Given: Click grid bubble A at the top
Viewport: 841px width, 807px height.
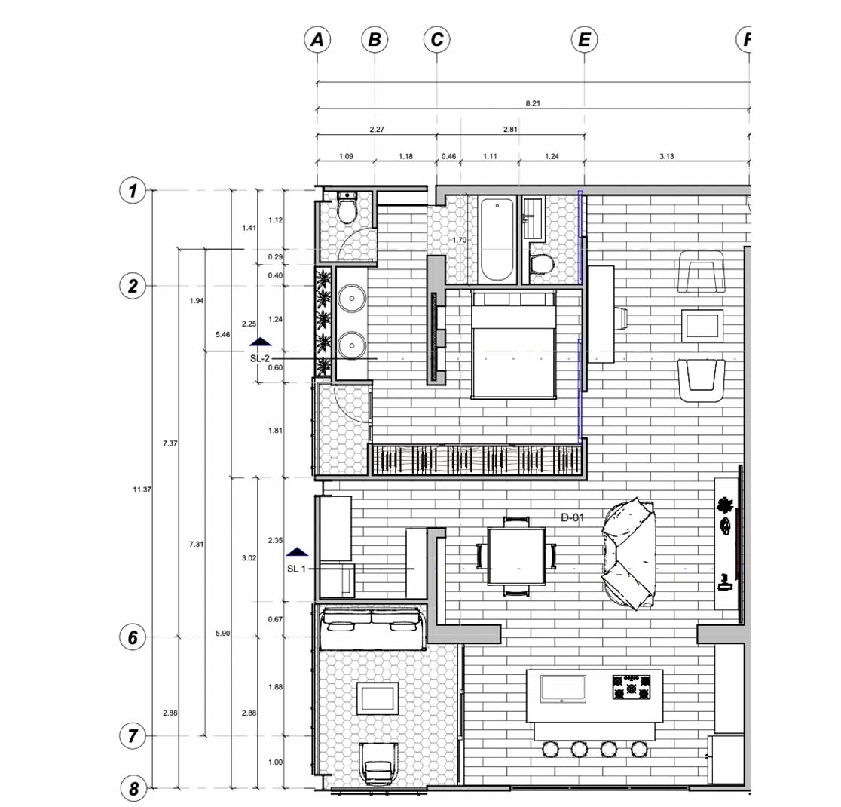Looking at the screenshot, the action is click(x=317, y=40).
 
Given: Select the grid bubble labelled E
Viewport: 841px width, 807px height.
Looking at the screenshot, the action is click(x=584, y=40).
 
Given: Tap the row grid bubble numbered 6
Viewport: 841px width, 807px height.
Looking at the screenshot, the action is click(x=133, y=637).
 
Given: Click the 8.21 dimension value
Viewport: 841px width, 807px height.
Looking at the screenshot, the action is click(x=533, y=103).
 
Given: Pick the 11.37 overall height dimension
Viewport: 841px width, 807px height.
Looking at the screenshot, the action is click(x=142, y=489).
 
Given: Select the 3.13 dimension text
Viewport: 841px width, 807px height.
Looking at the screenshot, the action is click(x=666, y=156).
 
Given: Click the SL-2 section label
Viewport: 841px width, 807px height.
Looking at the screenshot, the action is click(x=259, y=359).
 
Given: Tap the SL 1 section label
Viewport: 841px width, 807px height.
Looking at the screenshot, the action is click(x=297, y=569).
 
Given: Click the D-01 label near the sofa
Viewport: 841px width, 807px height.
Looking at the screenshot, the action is click(x=572, y=517).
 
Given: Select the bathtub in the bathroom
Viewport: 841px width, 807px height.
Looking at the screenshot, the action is click(x=497, y=240).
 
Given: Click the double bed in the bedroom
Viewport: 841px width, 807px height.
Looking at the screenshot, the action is click(x=512, y=345).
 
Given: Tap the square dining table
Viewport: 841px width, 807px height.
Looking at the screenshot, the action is click(x=516, y=556).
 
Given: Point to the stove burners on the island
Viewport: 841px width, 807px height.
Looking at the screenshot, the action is click(x=632, y=687).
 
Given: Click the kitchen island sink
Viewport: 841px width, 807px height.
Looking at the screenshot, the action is click(x=563, y=689).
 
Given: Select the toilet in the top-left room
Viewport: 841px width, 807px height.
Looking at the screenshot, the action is click(x=347, y=208).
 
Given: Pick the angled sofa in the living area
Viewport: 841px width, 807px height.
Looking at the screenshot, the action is click(x=629, y=553).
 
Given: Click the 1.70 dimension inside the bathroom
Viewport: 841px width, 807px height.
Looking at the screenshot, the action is click(x=459, y=240).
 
